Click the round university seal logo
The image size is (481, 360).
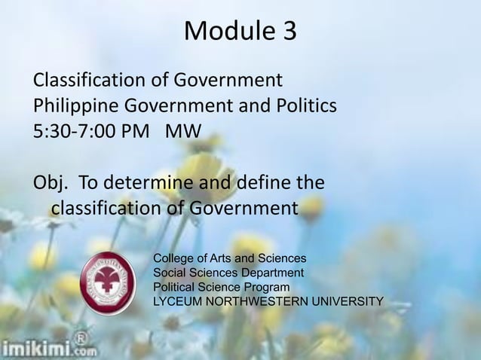[109, 283]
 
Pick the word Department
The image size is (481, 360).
[273, 273]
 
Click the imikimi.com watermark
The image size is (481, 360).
[49, 348]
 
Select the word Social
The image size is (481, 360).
[170, 273]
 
